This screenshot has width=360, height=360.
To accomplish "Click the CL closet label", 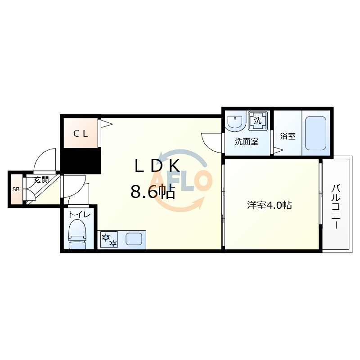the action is click(81, 134).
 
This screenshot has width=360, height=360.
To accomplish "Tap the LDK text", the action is click(157, 166).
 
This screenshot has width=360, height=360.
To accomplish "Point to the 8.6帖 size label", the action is click(153, 192).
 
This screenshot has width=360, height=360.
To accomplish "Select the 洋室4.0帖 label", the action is click(269, 205).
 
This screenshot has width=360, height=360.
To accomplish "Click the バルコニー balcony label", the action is click(336, 207).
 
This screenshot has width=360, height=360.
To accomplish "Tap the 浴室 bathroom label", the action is click(288, 136).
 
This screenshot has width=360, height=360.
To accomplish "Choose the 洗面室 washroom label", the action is click(247, 142).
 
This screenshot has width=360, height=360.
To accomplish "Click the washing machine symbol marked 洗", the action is click(258, 121).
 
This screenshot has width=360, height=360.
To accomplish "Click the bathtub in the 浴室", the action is click(316, 133).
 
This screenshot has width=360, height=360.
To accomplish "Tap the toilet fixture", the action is click(77, 234).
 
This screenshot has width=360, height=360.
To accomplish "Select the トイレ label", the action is click(80, 215).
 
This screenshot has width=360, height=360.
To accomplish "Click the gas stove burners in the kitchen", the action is click(109, 239).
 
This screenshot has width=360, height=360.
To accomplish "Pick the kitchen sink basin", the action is click(134, 239).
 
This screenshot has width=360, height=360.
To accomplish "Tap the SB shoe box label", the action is click(16, 189).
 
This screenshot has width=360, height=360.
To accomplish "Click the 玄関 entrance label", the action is click(41, 180).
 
